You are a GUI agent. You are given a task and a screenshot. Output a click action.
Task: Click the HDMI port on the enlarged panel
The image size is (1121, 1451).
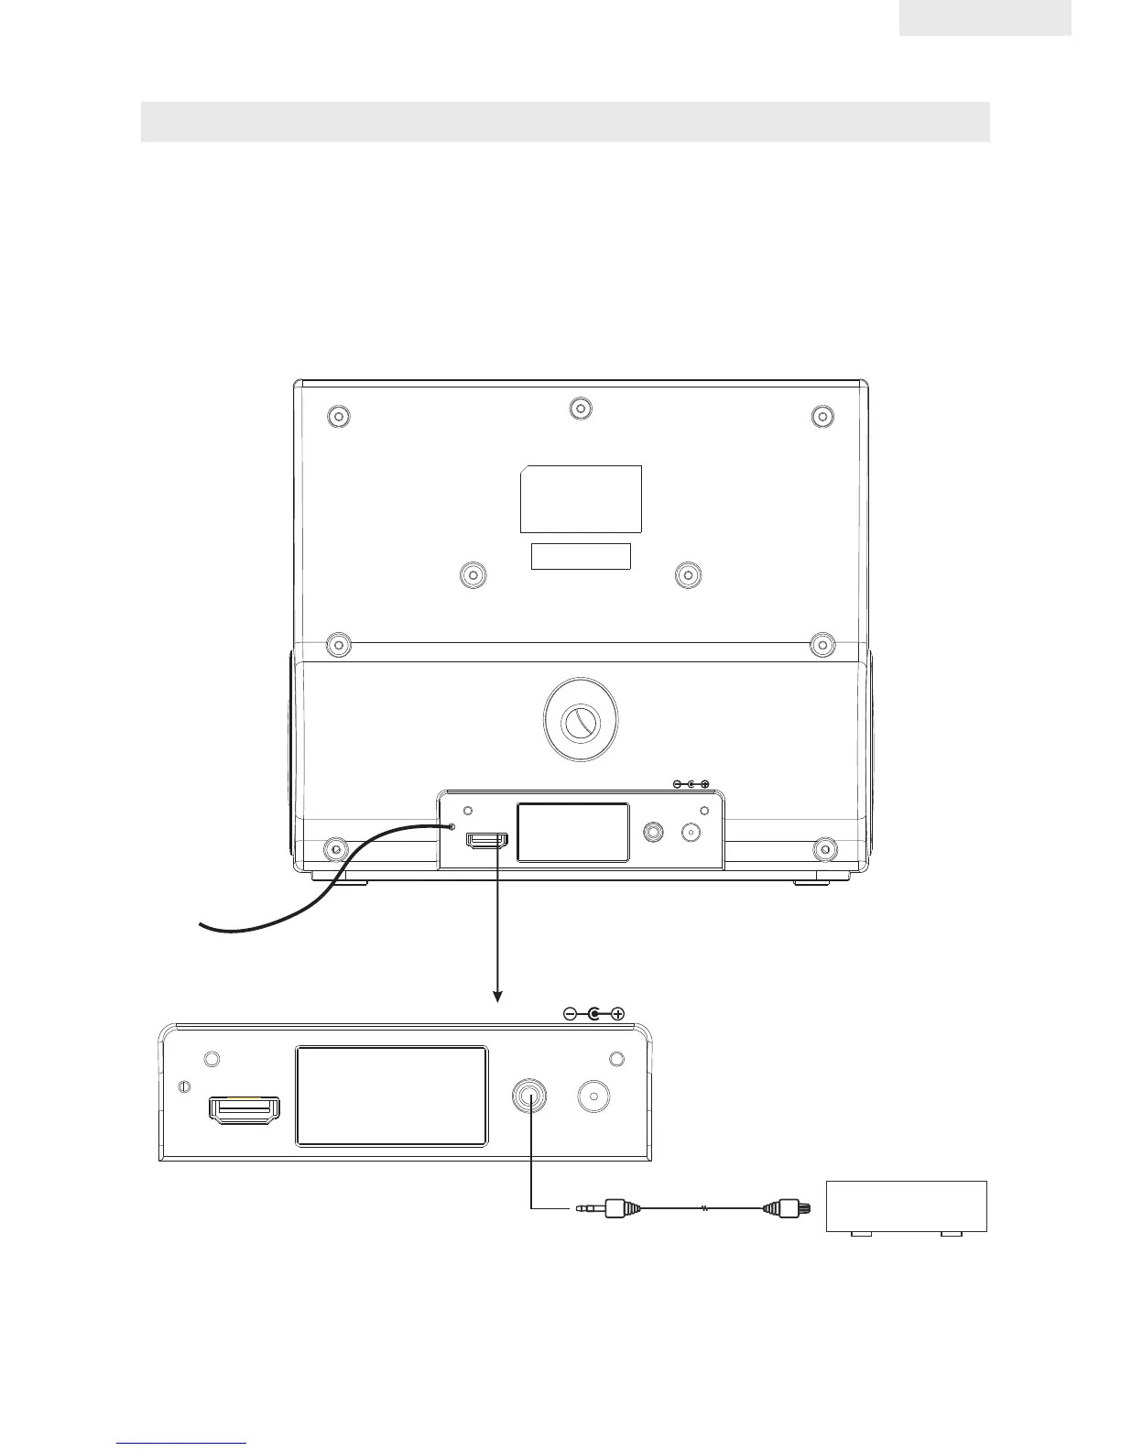(245, 1110)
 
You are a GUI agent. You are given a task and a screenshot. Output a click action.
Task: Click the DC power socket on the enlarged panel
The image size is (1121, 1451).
(594, 1097)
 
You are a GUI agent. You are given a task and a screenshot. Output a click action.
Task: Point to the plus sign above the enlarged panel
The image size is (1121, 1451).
(618, 1014)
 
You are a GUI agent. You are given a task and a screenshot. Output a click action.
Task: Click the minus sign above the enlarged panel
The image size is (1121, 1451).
(569, 1014)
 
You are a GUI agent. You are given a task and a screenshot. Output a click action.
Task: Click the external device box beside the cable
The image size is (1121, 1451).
(906, 1207)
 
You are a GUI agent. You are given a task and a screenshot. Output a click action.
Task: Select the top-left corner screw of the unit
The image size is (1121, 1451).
(338, 417)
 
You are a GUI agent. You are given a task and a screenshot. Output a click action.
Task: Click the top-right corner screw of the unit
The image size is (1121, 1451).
(822, 417)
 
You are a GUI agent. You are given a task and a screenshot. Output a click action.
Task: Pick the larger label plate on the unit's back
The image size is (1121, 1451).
(581, 499)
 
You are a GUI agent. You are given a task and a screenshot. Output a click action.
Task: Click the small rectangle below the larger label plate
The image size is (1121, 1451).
(581, 556)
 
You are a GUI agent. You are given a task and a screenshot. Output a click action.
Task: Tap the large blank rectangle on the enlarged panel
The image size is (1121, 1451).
(391, 1096)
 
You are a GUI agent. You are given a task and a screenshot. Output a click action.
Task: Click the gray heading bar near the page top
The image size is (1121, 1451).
(565, 122)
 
